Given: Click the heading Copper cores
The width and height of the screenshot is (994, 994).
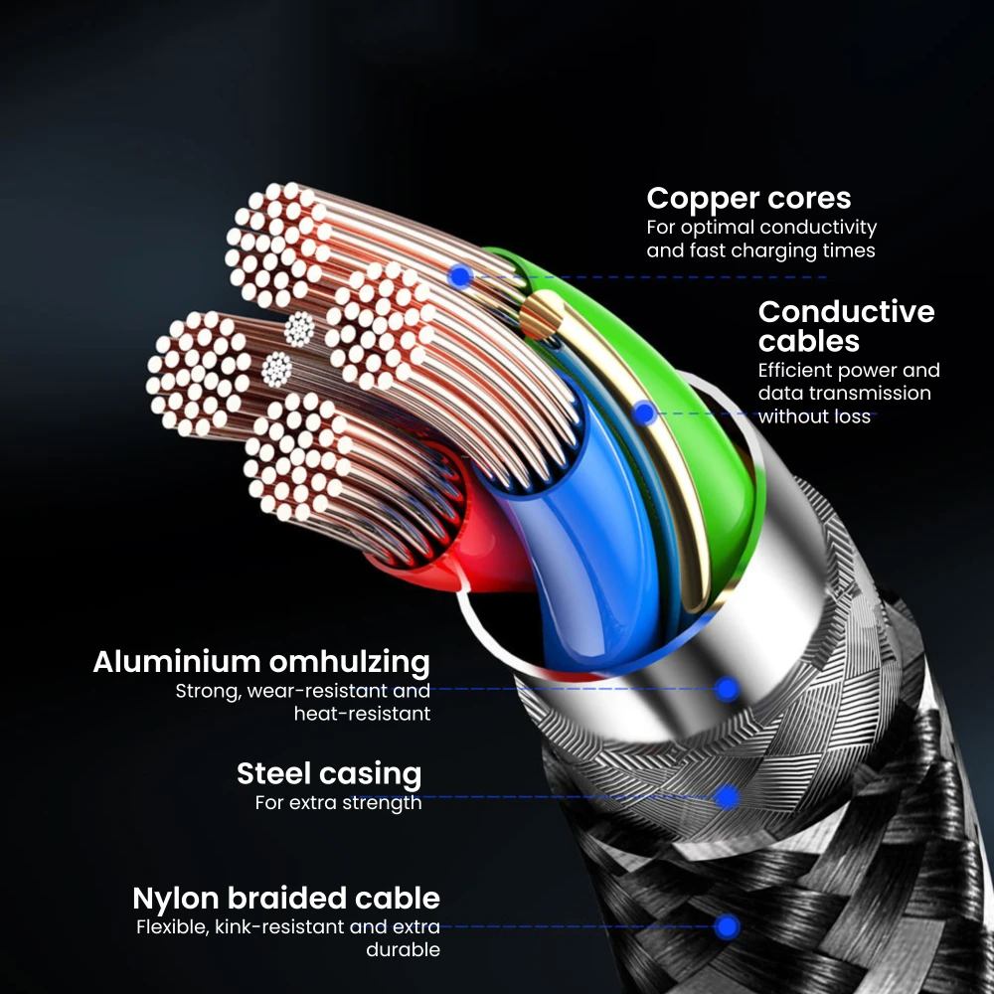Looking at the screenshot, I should click(748, 198).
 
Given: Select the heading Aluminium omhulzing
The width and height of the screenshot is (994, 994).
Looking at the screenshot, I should click(261, 662).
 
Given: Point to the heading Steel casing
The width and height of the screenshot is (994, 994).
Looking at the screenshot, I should click(328, 773).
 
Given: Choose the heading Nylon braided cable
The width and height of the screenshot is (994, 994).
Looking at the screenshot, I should click(286, 899).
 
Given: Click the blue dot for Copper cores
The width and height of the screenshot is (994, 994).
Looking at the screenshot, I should click(459, 276).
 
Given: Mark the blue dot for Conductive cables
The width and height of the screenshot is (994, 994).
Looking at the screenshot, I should click(645, 413).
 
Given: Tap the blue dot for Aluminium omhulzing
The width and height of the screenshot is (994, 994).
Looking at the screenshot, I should click(728, 687).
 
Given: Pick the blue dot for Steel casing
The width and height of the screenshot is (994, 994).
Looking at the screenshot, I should click(727, 796).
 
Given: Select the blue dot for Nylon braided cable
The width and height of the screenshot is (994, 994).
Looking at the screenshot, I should click(728, 926).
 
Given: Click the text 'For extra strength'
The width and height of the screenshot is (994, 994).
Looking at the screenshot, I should click(338, 802).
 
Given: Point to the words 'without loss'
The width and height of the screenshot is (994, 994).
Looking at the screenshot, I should click(814, 416).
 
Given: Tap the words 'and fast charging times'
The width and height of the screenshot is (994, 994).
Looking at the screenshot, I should click(760, 250).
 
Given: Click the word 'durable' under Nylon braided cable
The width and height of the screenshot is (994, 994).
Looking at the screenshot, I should click(403, 949).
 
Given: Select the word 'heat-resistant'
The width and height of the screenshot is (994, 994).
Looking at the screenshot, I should click(362, 713).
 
